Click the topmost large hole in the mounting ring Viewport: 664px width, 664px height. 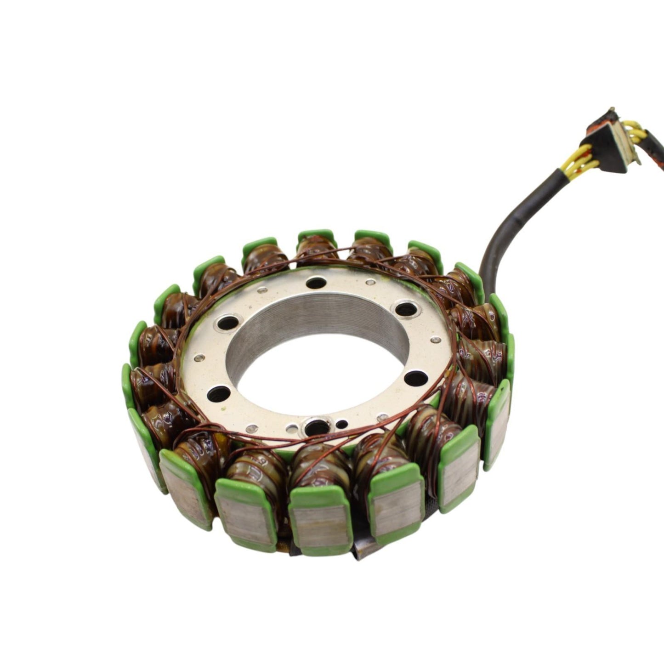tap(315, 283)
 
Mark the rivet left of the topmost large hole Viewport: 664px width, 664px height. tap(262, 290)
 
